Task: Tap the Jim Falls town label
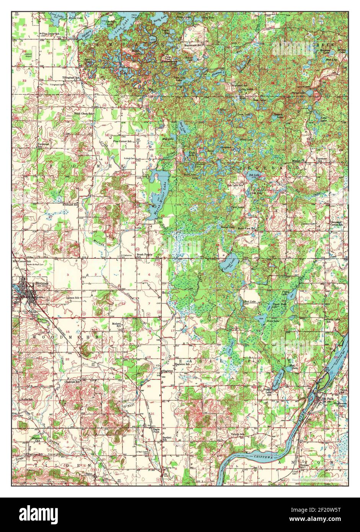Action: click(x=326, y=398)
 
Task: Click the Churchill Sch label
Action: click(x=72, y=381)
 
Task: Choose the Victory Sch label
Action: click(x=237, y=434)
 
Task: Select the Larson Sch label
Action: click(x=72, y=297)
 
